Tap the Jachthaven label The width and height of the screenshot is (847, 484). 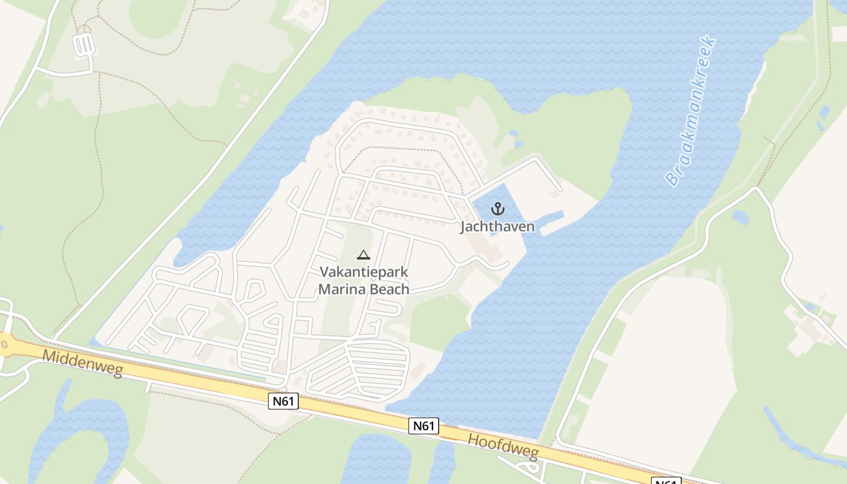coord(497,227)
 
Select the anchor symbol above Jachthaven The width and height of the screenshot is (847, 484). coord(497,209)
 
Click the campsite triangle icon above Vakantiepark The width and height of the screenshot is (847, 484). coord(363,255)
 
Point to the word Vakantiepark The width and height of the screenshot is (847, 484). coord(364,272)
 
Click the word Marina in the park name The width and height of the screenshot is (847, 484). coord(342,289)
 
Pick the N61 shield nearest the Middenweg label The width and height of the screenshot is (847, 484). coord(283,401)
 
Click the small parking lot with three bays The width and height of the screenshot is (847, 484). coord(84,45)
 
